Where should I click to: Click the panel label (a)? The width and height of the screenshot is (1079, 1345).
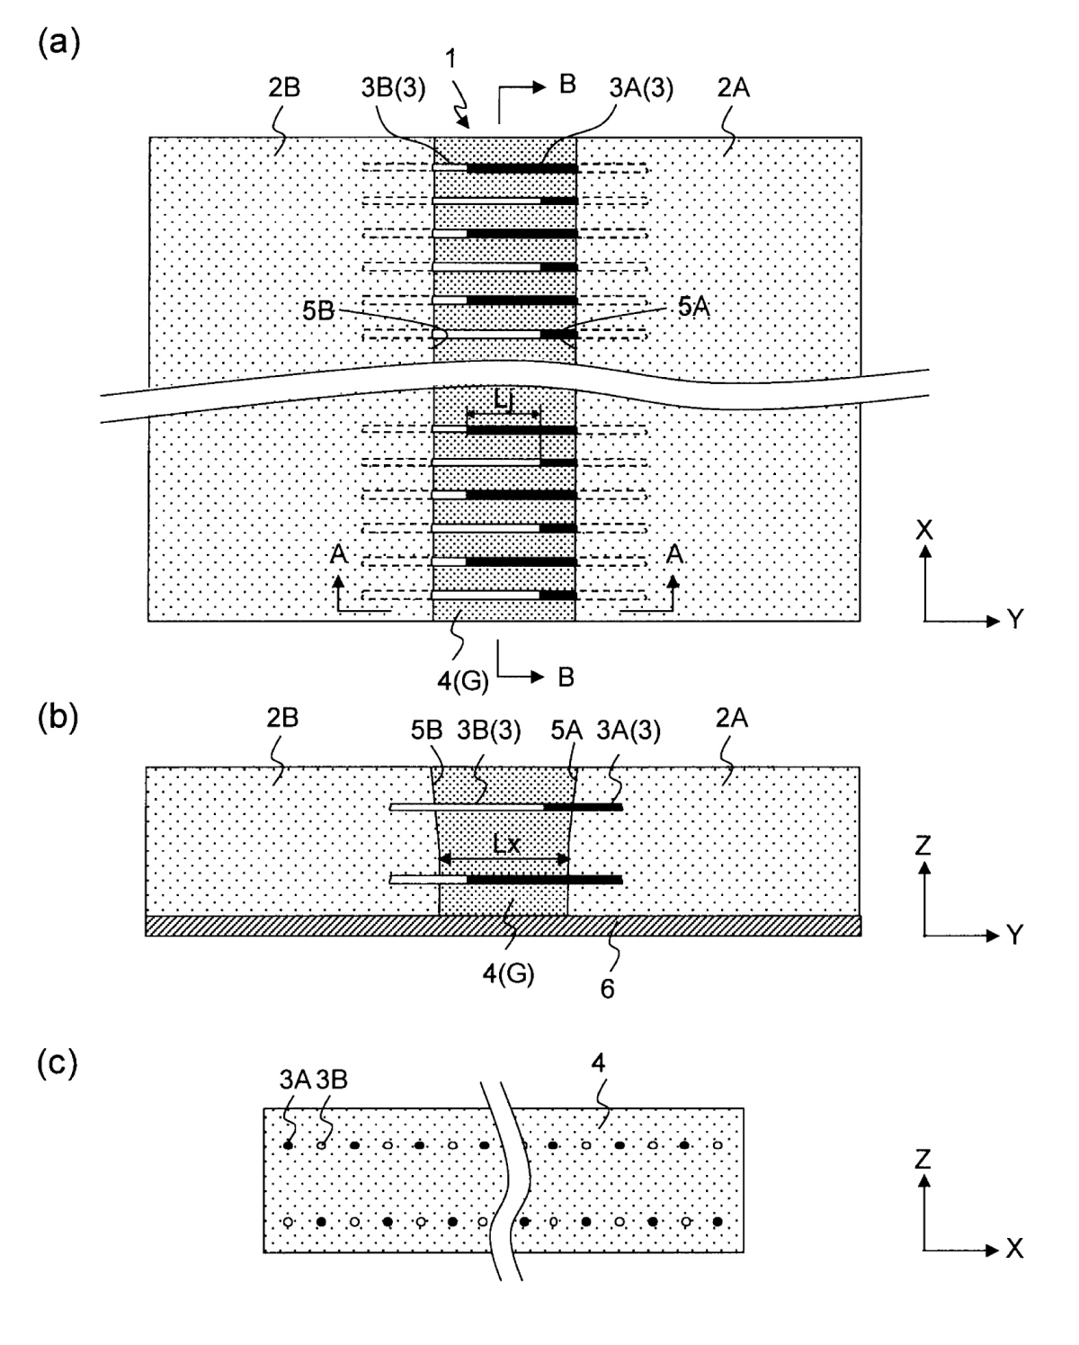click(58, 44)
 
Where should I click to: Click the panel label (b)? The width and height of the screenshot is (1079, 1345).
click(58, 717)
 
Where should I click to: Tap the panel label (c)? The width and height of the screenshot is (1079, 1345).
click(58, 1063)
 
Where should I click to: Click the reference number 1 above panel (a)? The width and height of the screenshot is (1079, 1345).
click(450, 58)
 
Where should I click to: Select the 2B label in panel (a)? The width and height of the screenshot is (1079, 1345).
click(284, 87)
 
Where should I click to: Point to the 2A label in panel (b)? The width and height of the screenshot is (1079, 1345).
click(732, 718)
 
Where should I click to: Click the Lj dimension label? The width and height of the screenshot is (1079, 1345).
click(503, 399)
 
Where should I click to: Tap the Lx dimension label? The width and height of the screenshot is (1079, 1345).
click(506, 845)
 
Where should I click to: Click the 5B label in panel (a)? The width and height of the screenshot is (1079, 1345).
click(318, 310)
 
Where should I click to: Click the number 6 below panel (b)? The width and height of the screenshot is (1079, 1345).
click(607, 989)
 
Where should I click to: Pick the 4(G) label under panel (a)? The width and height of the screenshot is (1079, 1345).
click(462, 681)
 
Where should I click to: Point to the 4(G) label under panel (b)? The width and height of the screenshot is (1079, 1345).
click(508, 973)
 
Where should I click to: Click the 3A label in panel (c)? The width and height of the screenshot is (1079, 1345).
click(296, 1080)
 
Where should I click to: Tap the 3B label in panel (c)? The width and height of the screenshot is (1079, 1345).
click(332, 1080)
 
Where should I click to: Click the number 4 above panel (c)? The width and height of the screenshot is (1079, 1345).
click(598, 1063)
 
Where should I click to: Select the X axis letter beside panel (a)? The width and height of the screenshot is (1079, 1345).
click(924, 530)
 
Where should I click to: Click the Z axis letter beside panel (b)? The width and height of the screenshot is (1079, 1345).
click(923, 846)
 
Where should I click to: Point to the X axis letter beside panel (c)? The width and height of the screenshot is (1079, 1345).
click(1014, 1249)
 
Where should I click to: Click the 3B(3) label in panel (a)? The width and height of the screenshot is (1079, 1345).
click(393, 87)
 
